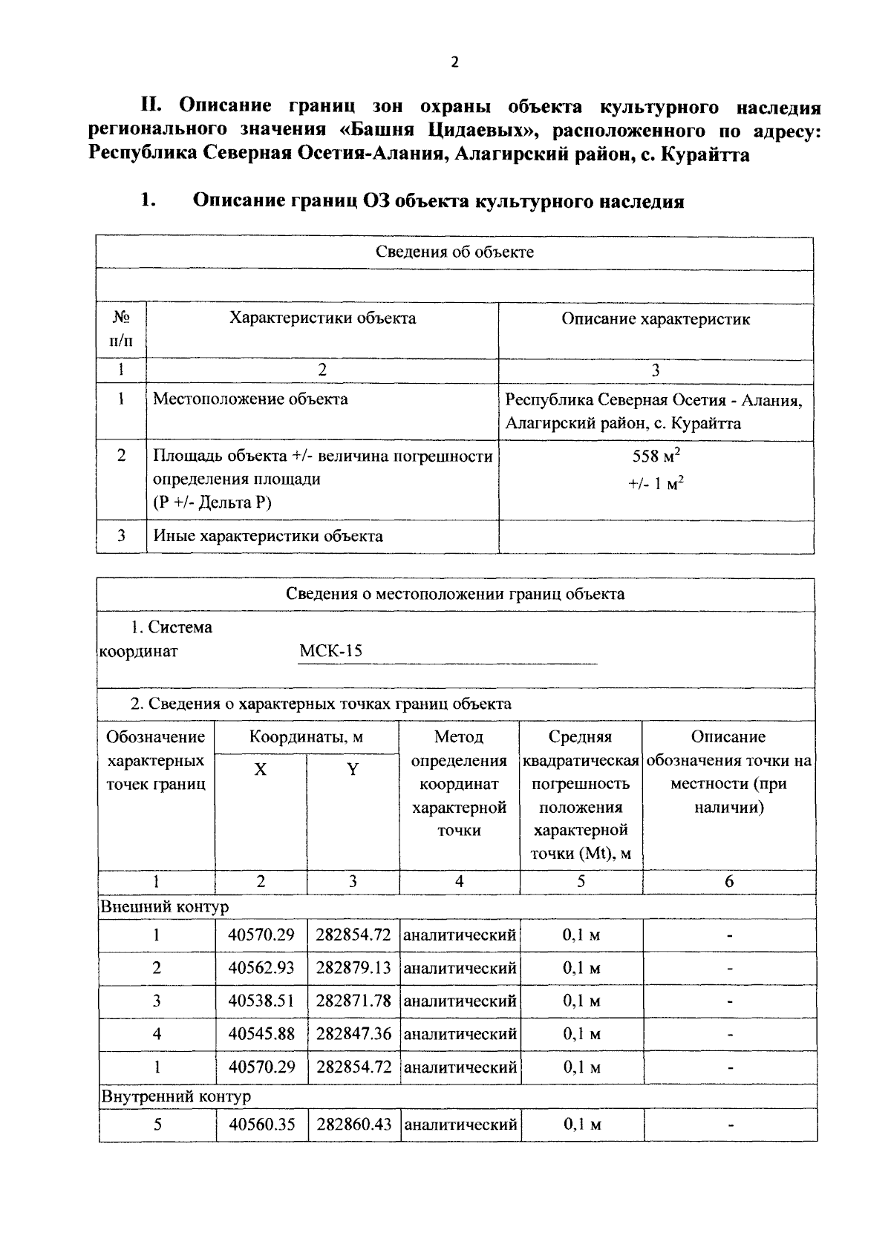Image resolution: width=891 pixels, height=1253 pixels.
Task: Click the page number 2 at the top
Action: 454,62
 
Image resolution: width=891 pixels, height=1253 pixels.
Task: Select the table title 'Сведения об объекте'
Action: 454,252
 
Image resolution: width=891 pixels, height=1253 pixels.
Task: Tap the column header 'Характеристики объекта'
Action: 322,318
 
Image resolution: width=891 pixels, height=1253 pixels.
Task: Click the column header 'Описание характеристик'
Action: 655,319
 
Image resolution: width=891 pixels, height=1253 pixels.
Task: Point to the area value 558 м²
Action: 656,456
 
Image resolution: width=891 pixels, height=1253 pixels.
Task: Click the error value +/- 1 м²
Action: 656,484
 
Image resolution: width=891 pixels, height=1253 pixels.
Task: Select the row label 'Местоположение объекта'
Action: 250,399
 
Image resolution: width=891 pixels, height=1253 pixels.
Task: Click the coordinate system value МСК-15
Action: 330,652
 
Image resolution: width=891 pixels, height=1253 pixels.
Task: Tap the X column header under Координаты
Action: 260,770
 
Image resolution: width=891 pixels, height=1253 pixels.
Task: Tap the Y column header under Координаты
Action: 353,770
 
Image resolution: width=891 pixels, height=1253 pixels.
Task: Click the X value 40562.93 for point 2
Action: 261,968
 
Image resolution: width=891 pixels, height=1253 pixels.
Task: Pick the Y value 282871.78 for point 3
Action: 353,1001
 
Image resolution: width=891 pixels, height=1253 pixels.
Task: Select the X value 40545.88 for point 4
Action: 261,1034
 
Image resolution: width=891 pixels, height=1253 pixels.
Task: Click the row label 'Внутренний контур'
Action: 175,1096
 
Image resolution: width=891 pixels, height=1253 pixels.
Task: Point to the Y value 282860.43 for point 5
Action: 353,1125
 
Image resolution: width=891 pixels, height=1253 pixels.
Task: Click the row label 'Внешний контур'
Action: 164,907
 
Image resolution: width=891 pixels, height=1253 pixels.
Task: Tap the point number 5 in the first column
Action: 157,1125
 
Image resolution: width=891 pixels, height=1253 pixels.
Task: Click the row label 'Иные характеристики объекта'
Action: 268,536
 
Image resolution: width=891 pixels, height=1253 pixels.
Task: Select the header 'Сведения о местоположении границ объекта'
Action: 455,594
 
